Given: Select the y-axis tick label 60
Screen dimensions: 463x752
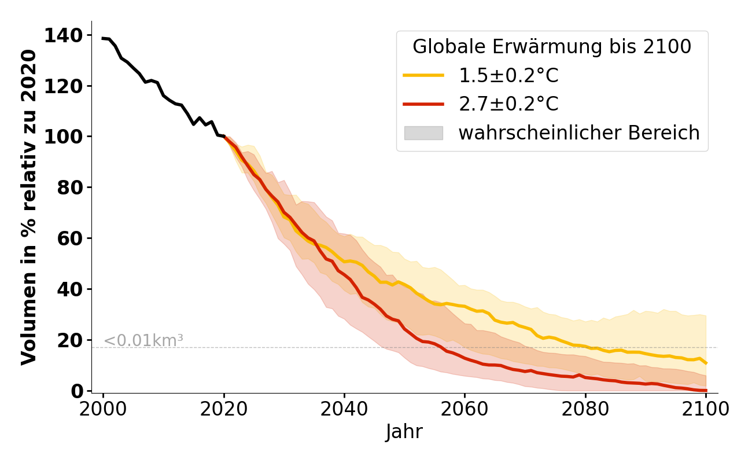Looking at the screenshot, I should (x=72, y=238).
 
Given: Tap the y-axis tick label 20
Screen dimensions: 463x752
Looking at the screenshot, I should (x=72, y=340).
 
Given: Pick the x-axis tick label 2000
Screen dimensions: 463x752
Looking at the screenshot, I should (x=104, y=409).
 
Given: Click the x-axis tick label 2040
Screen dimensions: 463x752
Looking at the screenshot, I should (x=344, y=409).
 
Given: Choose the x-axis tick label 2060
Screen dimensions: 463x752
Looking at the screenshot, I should (x=465, y=409).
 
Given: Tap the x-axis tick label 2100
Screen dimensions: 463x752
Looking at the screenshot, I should (x=705, y=409).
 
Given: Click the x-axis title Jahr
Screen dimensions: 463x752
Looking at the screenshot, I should (x=404, y=432).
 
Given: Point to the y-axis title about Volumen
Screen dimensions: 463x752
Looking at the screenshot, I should (x=29, y=207).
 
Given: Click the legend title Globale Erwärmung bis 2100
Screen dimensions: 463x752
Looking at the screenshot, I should (x=552, y=47).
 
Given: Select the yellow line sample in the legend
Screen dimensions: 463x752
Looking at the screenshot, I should (x=423, y=75).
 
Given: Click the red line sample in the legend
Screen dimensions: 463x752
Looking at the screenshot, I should (x=423, y=104).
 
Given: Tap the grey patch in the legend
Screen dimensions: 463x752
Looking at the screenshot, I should (x=423, y=133).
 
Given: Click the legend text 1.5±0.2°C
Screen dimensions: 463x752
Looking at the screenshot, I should (x=508, y=75).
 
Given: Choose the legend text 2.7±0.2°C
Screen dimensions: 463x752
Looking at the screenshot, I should (x=508, y=104).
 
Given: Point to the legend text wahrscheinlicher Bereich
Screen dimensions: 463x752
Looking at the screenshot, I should (x=579, y=133).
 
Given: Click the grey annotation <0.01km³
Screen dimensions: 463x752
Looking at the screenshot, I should (x=143, y=341).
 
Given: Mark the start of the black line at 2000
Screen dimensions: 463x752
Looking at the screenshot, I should (x=104, y=38).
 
